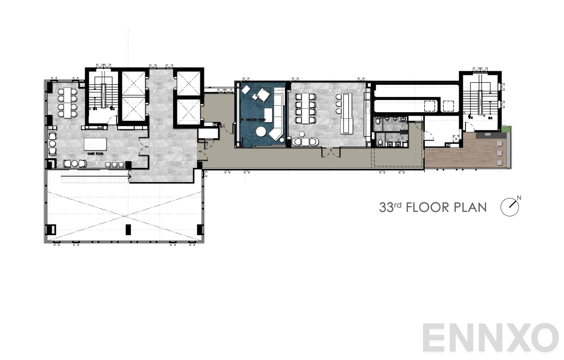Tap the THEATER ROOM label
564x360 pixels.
point(253,120)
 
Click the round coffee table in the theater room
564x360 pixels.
point(261,132)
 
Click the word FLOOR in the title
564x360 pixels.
point(428,207)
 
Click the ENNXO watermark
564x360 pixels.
point(490,338)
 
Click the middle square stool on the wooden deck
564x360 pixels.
point(499,153)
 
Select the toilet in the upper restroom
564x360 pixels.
point(378,121)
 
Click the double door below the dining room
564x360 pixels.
point(331,153)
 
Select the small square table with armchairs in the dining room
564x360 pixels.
point(305,141)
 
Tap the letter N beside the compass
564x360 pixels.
point(519,197)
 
